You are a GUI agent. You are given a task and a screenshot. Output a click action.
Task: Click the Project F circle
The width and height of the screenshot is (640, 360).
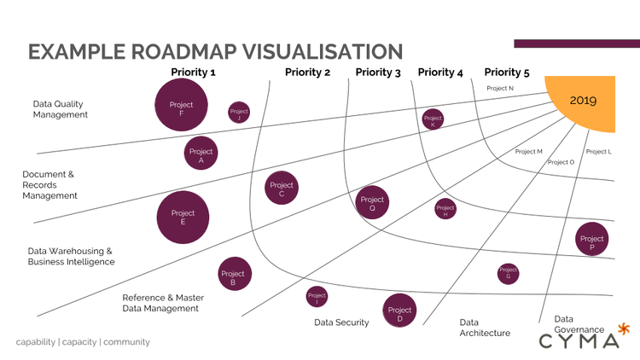(181, 106)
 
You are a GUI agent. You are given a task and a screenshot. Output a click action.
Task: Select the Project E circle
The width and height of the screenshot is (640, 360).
(183, 218)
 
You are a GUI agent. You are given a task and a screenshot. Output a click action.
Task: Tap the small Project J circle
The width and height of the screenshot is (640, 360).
(239, 113)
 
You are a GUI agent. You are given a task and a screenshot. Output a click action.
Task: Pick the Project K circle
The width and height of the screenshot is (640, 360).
(433, 119)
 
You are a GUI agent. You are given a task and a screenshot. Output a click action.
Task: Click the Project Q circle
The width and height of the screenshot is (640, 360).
(372, 203)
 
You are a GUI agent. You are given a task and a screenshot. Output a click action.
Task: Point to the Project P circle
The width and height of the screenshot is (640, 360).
(591, 240)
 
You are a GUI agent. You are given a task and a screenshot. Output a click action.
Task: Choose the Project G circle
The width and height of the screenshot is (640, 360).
(508, 273)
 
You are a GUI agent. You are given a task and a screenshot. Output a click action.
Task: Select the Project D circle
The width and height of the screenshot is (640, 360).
(399, 311)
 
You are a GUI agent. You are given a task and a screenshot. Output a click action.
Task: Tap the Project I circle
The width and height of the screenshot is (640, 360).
(317, 297)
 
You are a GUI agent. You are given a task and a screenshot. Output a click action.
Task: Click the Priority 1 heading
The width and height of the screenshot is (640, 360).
(193, 73)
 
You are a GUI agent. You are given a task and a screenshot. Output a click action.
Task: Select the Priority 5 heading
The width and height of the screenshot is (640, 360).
(507, 73)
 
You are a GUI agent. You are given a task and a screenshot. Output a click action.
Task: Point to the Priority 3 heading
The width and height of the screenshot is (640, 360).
(378, 73)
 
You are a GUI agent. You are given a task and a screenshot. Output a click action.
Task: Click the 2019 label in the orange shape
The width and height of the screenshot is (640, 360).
(584, 100)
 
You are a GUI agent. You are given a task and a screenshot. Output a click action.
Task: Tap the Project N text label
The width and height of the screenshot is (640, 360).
(500, 88)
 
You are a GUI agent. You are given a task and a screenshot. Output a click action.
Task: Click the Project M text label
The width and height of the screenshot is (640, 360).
(528, 151)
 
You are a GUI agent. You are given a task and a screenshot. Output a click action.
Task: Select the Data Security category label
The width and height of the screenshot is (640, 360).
(341, 322)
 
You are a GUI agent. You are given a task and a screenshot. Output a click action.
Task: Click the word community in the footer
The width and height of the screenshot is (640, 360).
(126, 342)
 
